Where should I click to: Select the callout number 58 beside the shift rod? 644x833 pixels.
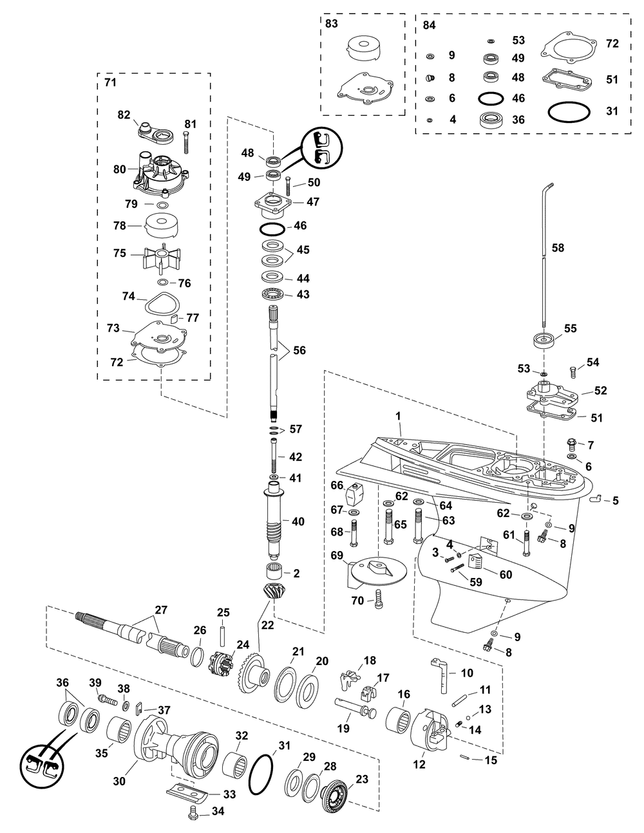click(558, 248)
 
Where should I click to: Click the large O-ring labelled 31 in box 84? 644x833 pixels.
click(569, 112)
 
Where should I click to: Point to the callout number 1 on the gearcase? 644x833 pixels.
click(398, 416)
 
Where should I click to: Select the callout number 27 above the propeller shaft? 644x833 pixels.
click(160, 610)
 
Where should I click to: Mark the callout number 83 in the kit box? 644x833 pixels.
click(332, 24)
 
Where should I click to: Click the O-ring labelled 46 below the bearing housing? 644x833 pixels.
click(272, 229)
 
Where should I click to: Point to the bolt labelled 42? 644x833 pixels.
click(274, 456)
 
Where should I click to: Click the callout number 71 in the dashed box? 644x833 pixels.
click(110, 82)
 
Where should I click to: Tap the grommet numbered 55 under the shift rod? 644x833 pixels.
click(545, 340)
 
